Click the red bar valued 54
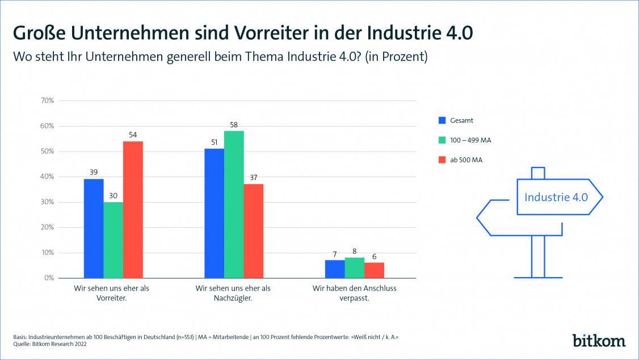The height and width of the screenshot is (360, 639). pyautogui.click(x=133, y=210)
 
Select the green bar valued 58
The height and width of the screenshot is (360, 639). pyautogui.click(x=234, y=204)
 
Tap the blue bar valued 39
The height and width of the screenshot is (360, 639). pyautogui.click(x=94, y=228)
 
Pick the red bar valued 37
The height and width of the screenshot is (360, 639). pyautogui.click(x=254, y=231)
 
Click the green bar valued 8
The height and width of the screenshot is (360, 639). pyautogui.click(x=355, y=268)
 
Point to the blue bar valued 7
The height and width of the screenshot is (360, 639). pyautogui.click(x=335, y=269)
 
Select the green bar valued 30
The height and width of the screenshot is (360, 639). pyautogui.click(x=113, y=240)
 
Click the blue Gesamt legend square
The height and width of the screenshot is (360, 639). pyautogui.click(x=442, y=120)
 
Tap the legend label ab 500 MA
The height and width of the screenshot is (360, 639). pyautogui.click(x=466, y=160)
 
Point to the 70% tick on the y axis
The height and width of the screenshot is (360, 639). pyautogui.click(x=47, y=101)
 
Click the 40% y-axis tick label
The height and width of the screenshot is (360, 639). pyautogui.click(x=47, y=177)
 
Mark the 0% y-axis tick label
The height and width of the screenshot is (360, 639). pyautogui.click(x=49, y=278)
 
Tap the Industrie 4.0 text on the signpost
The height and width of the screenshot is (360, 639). pyautogui.click(x=556, y=198)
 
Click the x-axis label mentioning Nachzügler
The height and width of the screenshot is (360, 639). pyautogui.click(x=233, y=293)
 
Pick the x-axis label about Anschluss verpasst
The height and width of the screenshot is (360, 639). pyautogui.click(x=355, y=293)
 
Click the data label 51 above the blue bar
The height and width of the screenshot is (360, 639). pyautogui.click(x=214, y=143)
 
